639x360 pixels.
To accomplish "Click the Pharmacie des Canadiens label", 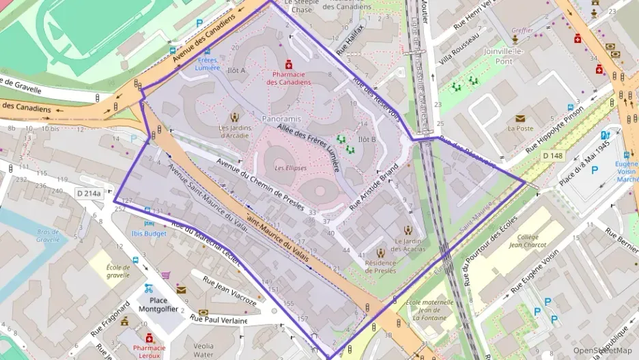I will (288, 78).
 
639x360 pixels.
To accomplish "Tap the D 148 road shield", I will (553, 156).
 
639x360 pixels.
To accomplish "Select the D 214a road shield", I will (88, 193).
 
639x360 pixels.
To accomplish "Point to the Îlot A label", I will (236, 70).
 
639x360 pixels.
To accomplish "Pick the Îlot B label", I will (367, 139).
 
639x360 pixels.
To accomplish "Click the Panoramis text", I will (281, 119).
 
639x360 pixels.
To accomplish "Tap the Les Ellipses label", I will (290, 167).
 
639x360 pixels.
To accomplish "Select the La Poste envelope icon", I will (520, 119).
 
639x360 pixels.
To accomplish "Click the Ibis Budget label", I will (149, 233).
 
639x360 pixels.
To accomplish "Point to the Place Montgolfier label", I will (158, 305).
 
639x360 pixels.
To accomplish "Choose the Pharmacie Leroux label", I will (149, 351).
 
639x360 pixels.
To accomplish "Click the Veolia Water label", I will (203, 350).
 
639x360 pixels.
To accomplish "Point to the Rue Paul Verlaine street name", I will (218, 320).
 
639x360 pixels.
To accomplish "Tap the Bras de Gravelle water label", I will (48, 236).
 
